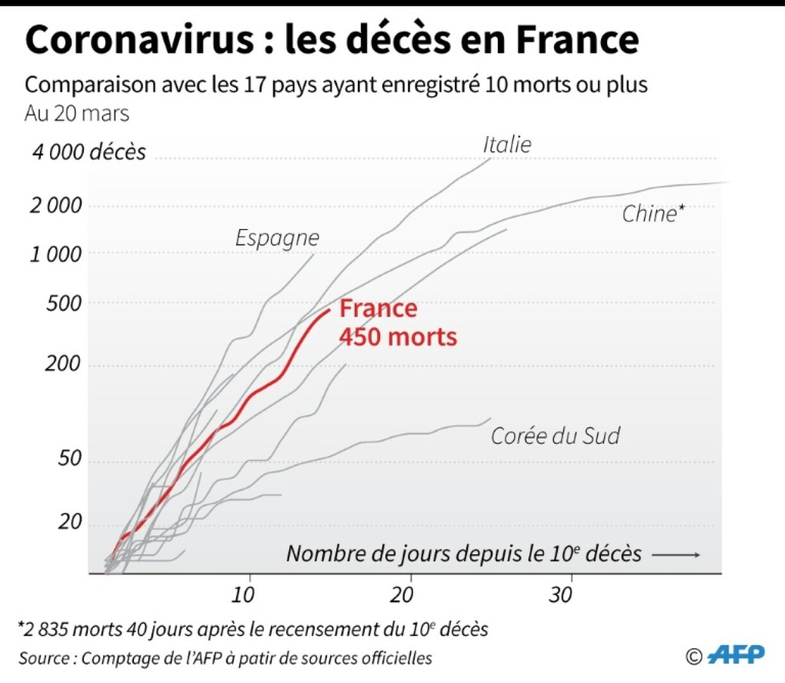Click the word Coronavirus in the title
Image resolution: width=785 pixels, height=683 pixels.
[140, 40]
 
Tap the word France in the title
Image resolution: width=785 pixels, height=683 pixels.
[577, 40]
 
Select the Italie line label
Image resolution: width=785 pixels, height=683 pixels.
[507, 144]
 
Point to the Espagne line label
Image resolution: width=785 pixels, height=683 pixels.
[277, 238]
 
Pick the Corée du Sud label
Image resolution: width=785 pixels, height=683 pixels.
[555, 436]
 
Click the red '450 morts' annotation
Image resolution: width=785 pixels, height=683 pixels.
[398, 337]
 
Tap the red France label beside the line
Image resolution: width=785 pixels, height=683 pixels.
[378, 308]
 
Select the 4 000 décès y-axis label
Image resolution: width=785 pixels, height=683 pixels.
[89, 152]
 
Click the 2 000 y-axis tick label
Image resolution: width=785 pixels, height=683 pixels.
[56, 206]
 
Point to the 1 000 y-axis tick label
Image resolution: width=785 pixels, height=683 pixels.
[56, 255]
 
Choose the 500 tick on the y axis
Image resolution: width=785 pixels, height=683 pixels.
[64, 303]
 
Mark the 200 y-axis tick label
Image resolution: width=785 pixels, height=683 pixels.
[64, 364]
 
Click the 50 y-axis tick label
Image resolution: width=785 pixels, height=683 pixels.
[70, 459]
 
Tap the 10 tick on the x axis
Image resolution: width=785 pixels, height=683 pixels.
[243, 595]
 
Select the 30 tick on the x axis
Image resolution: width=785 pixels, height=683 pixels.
[561, 595]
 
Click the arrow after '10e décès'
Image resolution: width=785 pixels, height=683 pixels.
[676, 555]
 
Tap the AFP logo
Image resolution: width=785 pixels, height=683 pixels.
[737, 655]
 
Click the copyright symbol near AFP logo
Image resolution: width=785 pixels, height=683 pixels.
[694, 657]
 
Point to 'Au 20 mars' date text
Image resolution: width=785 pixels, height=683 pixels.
[77, 114]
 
